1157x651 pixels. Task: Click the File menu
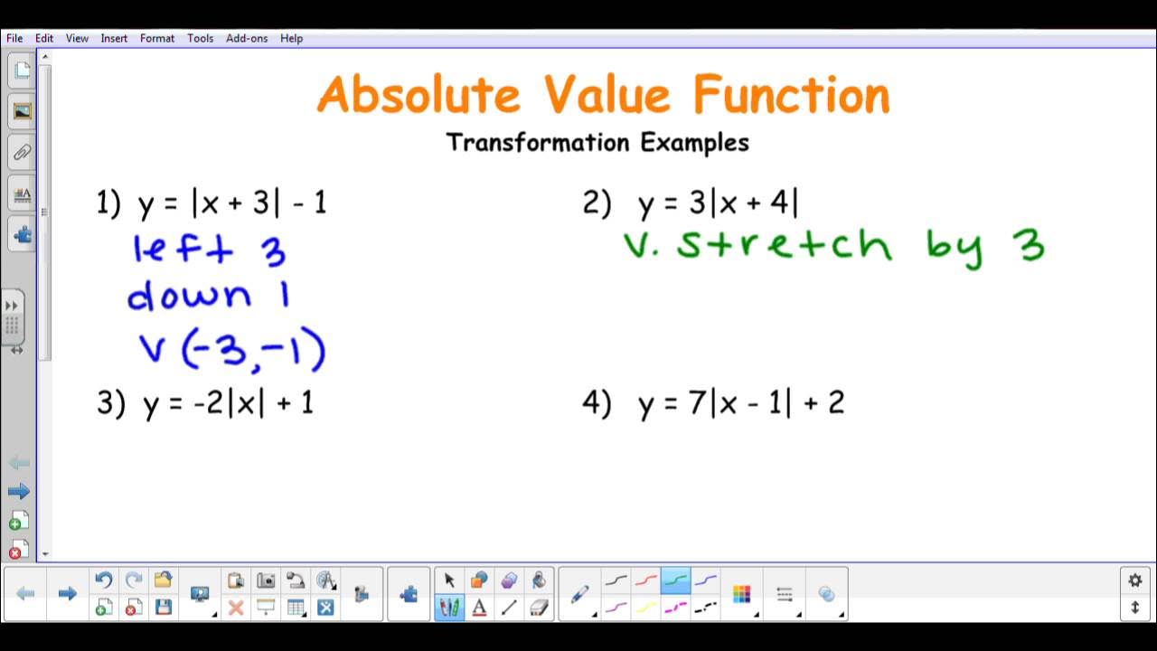click(14, 39)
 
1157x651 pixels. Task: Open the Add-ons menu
click(247, 39)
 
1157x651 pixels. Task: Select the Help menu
click(291, 39)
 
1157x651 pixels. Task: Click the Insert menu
click(114, 39)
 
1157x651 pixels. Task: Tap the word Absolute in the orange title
click(419, 95)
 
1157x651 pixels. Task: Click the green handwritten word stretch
click(783, 245)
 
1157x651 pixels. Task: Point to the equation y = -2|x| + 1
click(228, 403)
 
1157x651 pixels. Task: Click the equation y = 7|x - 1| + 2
click(741, 403)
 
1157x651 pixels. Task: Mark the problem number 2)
click(597, 203)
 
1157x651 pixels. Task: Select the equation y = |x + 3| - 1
click(232, 203)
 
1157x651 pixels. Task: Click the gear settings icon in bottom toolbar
click(1135, 580)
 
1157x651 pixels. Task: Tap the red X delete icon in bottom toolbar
click(236, 608)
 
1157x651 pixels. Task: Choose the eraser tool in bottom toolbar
click(539, 608)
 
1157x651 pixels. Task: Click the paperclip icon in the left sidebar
click(22, 153)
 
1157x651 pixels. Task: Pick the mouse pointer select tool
click(449, 580)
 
